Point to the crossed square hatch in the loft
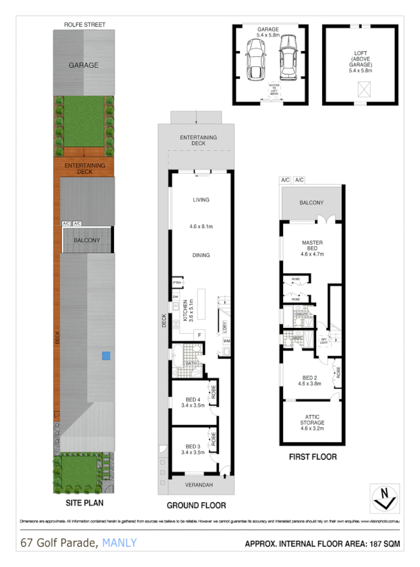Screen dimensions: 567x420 point(362,93)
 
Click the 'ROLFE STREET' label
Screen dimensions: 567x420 point(85,25)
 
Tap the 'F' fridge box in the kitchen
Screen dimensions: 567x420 point(199,334)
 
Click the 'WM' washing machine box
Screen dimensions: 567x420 point(227,341)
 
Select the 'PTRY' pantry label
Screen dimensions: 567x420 point(177,283)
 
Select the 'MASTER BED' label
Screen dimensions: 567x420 point(312,245)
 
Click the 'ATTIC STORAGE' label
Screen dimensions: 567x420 point(312,420)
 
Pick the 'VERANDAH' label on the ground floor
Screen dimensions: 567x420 point(196,486)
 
